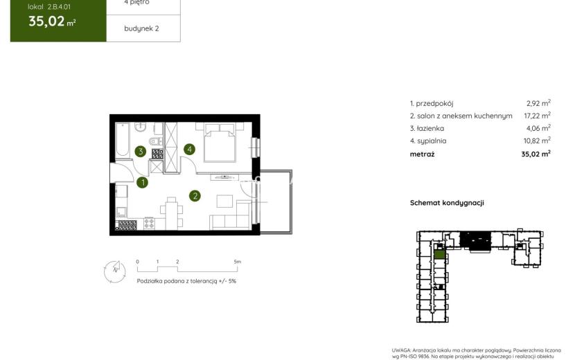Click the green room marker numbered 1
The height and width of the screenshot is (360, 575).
click(142, 182)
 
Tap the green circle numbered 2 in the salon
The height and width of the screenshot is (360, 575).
click(195, 196)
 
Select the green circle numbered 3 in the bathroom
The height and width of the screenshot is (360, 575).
click(141, 151)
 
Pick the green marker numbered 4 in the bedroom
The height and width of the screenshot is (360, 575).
click(189, 150)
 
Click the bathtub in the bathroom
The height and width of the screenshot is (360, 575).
click(123, 140)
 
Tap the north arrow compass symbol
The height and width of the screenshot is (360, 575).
click(115, 271)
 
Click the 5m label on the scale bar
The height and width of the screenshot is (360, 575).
click(237, 262)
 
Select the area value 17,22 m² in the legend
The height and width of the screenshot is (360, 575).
click(537, 116)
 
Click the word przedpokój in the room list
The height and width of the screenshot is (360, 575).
click(434, 104)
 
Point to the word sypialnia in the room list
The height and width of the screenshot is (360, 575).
click(432, 141)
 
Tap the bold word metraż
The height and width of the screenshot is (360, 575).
click(422, 154)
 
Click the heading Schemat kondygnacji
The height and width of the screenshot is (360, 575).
click(447, 203)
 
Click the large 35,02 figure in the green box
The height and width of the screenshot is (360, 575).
click(46, 21)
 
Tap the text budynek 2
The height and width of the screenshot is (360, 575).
click(141, 28)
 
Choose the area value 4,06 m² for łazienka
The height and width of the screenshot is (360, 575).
click(538, 128)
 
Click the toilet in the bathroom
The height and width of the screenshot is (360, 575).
click(156, 141)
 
